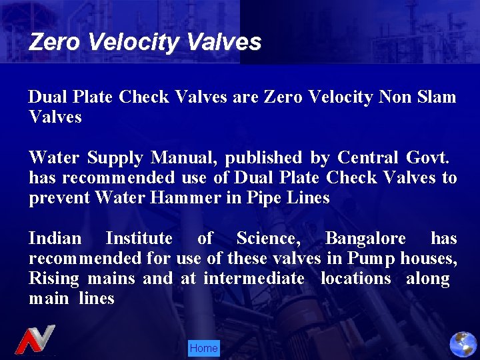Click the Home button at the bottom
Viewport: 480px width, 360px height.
[x=203, y=348]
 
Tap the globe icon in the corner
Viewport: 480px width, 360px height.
[x=463, y=344]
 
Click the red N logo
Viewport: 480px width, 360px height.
[x=35, y=340]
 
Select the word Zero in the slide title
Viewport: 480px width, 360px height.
[x=55, y=43]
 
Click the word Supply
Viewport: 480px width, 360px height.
[x=115, y=158]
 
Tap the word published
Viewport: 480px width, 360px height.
[x=263, y=158]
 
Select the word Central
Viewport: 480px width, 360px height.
[x=367, y=158]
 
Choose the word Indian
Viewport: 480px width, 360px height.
[x=55, y=239]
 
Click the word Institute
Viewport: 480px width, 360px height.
[x=139, y=239]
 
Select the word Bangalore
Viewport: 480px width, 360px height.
[x=365, y=239]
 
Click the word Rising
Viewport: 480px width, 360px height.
[x=54, y=279]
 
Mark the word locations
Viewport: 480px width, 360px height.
[x=355, y=278]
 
